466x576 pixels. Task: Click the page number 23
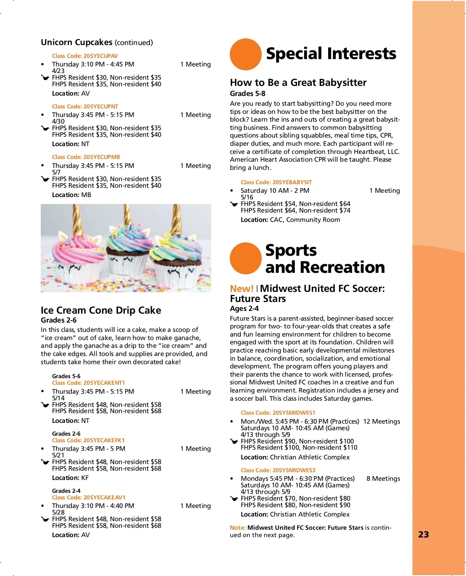pos(423,534)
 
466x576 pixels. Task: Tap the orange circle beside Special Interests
pos(245,54)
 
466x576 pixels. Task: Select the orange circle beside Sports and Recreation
pos(245,258)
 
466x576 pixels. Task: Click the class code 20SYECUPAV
pos(85,56)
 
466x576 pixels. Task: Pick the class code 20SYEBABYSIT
pos(276,182)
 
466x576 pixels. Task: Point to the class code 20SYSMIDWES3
pos(278,470)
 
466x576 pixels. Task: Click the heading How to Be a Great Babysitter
pos(298,82)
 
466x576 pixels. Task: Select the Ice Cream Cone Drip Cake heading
pos(101,310)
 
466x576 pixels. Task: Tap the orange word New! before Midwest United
pos(242,288)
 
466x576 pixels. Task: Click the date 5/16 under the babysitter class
pos(247,197)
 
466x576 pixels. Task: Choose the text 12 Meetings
pos(381,421)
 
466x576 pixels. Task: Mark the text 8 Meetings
pos(383,478)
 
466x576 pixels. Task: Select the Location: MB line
pos(71,195)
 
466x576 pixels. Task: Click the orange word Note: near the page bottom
pos(238,528)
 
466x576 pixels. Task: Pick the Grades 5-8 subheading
pos(247,93)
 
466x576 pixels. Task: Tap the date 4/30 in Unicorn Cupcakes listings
pos(58,121)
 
